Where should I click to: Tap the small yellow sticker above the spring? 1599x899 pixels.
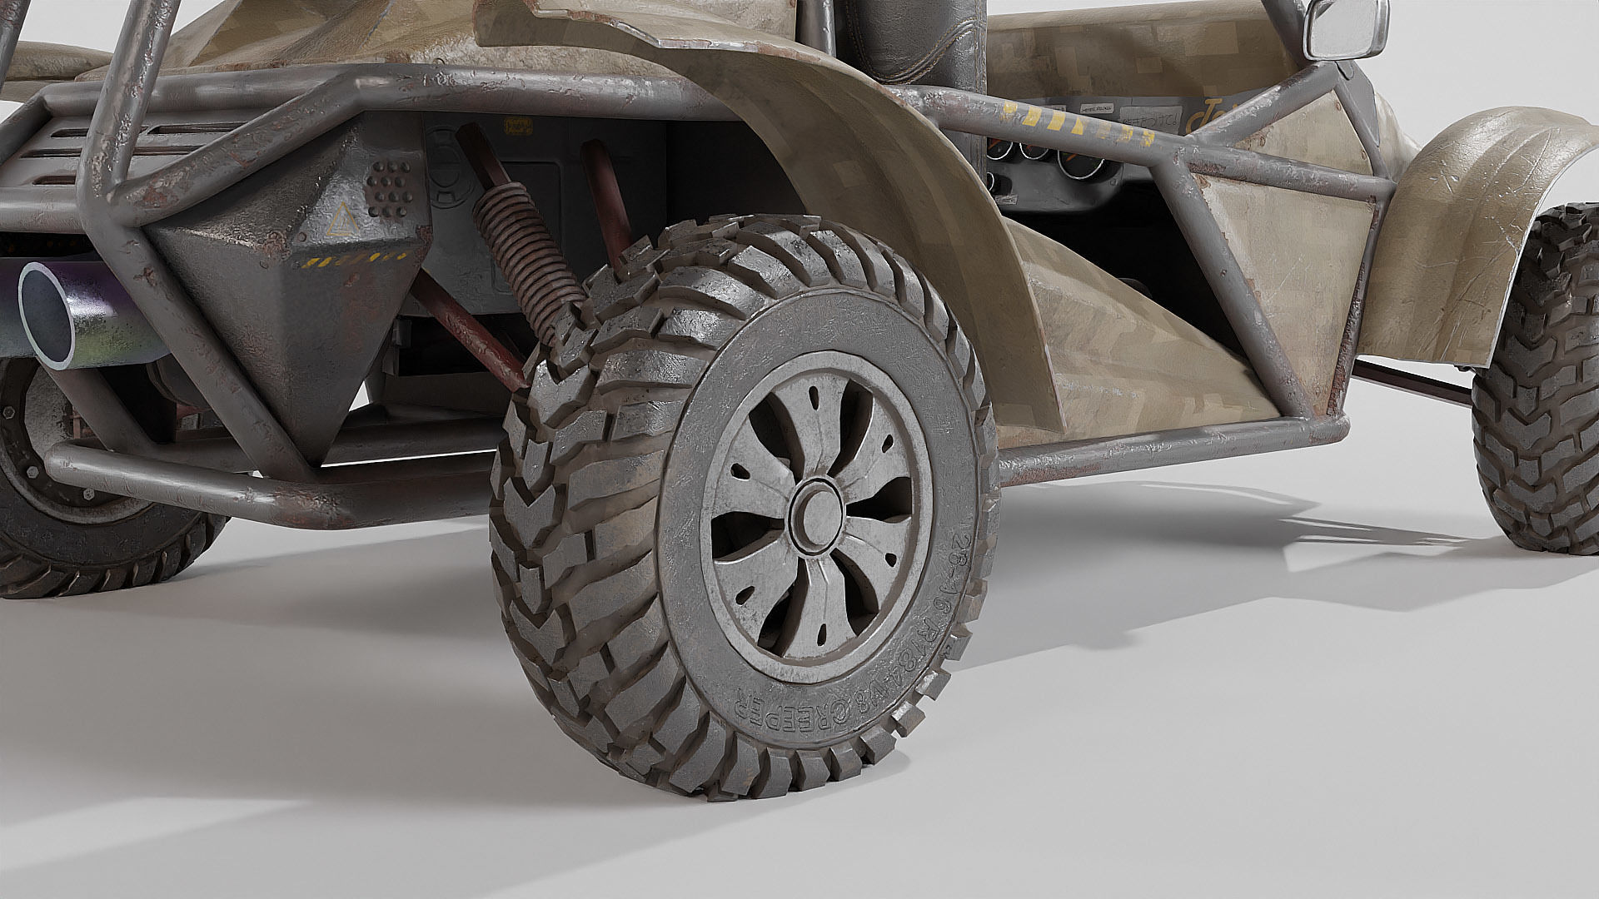point(516,125)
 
